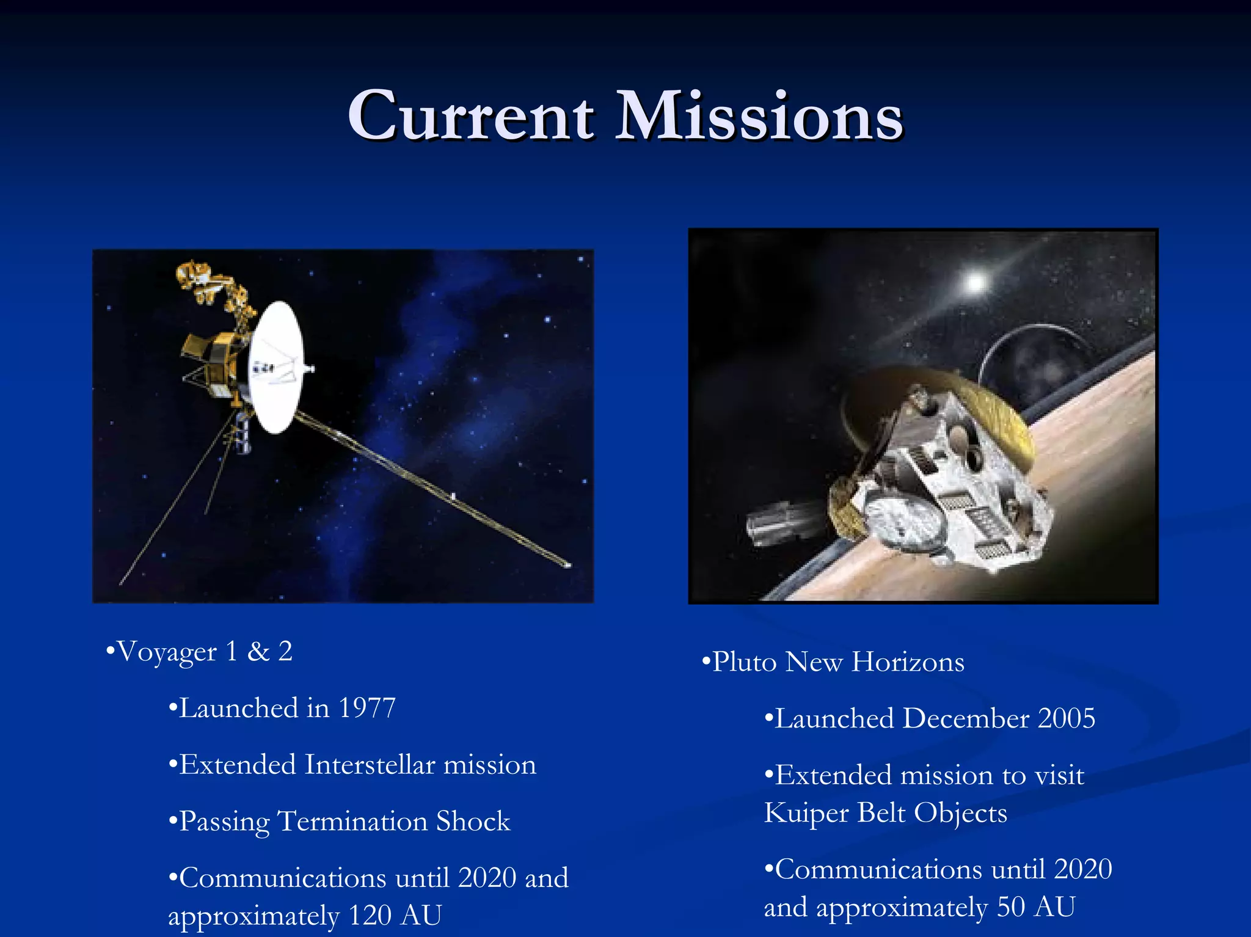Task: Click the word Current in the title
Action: point(470,116)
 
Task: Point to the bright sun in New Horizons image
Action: point(976,282)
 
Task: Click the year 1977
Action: point(367,709)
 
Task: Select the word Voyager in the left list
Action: point(166,652)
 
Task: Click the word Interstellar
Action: point(370,765)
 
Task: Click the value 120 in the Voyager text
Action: point(370,916)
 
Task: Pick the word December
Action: point(965,719)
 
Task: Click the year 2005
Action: point(1066,719)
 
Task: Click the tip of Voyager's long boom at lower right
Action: point(568,566)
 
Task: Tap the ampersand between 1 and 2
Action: point(258,652)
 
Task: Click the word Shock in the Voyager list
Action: point(473,822)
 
